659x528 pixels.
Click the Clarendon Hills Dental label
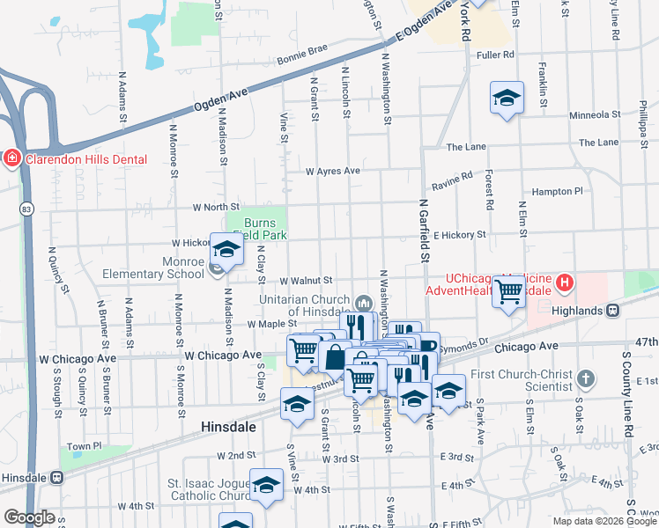point(85,159)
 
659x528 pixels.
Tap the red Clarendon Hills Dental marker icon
point(11,159)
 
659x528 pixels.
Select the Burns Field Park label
point(265,229)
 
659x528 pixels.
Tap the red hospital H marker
point(564,283)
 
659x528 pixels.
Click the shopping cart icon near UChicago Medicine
point(509,290)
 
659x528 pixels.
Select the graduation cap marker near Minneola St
point(507,98)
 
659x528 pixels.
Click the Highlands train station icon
point(611,310)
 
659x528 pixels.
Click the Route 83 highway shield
point(29,209)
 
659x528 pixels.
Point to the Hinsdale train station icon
point(57,477)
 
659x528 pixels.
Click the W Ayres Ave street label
point(333,171)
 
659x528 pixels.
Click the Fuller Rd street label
point(494,55)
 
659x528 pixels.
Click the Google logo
point(29,517)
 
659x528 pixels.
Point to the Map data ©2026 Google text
point(603,521)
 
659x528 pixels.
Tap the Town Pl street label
point(85,447)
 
